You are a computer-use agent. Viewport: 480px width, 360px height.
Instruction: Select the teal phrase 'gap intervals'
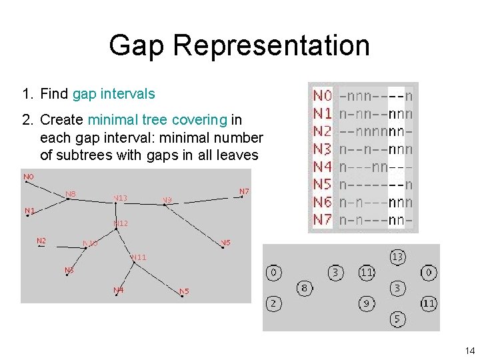tap(113, 94)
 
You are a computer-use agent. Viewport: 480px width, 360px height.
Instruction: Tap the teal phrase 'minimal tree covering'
tap(157, 120)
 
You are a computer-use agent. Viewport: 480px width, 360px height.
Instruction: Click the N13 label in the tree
tap(120, 197)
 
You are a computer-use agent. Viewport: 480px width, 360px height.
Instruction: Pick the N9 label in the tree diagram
tap(167, 199)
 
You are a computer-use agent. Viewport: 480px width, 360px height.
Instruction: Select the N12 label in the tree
tap(120, 223)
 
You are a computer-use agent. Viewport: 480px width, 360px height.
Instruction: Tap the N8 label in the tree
tap(70, 194)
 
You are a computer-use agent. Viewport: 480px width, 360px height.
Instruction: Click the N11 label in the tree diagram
tap(139, 257)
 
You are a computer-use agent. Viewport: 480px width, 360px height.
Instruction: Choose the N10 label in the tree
tap(90, 243)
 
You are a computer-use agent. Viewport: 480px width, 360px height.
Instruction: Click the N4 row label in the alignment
tap(323, 166)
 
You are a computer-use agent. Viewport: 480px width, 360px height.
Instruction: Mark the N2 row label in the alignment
tap(323, 131)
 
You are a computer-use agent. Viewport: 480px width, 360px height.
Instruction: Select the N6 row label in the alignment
tap(323, 201)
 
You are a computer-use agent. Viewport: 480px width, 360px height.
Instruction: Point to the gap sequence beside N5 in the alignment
tap(375, 184)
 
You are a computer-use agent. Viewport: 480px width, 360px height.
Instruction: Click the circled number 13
tap(397, 257)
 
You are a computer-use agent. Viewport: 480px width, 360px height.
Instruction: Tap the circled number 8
tap(304, 288)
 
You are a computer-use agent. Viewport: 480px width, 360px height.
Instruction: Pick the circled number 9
tap(366, 304)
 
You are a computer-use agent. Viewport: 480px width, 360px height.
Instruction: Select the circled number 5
tap(397, 319)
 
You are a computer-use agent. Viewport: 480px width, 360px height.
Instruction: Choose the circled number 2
tap(273, 304)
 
